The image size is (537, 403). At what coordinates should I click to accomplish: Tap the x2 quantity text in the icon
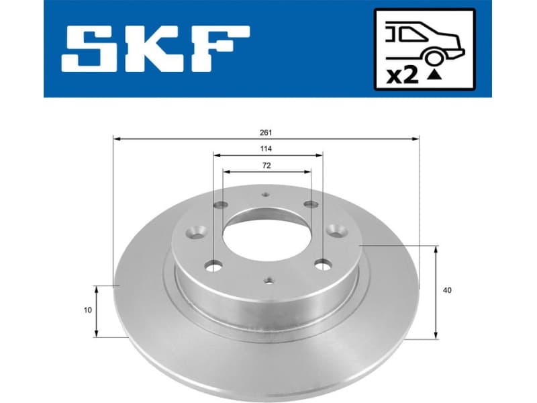(403, 75)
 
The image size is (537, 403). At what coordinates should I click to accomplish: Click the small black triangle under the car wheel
(435, 75)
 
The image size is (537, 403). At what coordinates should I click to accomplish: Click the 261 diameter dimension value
(266, 132)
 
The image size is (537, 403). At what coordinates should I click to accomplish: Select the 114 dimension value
(266, 148)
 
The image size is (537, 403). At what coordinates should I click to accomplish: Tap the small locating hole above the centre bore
(264, 195)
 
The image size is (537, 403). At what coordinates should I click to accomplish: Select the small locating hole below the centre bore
(268, 281)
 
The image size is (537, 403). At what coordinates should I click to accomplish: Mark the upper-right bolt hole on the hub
(309, 205)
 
